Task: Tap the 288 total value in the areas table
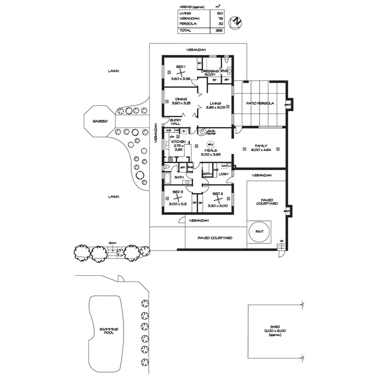(x=218, y=31)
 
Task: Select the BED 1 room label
(x=180, y=67)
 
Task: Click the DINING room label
(x=181, y=99)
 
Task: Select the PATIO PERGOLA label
(x=260, y=104)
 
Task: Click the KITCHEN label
(x=177, y=142)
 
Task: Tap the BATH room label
(x=179, y=177)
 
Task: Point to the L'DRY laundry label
(x=224, y=174)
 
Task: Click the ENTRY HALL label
(x=175, y=121)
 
